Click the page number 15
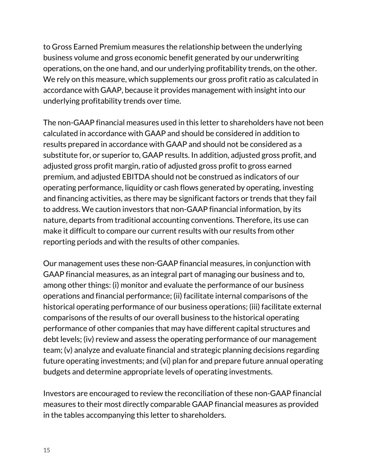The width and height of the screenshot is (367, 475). (x=47, y=450)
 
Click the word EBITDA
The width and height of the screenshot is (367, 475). (x=136, y=177)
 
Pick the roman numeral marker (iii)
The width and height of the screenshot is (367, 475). (x=254, y=307)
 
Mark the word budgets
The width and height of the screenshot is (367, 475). (x=57, y=372)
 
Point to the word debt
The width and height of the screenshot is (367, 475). (x=50, y=339)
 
